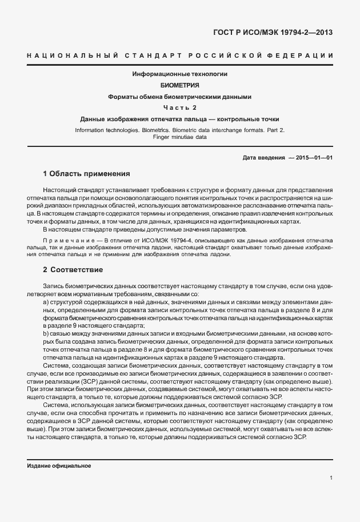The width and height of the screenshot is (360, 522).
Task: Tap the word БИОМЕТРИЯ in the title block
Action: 179,85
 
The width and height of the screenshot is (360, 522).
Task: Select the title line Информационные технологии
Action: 179,74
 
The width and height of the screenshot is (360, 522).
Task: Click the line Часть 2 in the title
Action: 179,107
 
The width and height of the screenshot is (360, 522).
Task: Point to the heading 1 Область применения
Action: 87,173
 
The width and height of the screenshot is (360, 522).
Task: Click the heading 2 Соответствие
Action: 73,269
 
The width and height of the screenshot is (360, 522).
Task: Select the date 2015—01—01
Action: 314,157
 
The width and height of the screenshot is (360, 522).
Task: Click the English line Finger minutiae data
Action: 179,137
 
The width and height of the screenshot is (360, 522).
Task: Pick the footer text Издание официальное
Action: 59,466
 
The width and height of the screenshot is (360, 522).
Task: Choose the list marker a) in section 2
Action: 45,301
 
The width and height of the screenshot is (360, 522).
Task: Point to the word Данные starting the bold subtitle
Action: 94,119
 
